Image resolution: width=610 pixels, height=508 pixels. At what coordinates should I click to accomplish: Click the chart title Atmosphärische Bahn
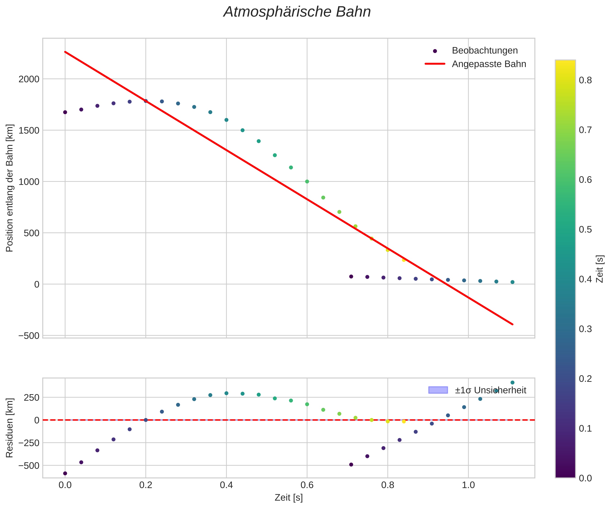tap(297, 12)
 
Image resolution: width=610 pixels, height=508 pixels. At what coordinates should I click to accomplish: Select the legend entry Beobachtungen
tap(484, 50)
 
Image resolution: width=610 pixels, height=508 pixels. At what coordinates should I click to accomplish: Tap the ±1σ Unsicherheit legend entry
tap(490, 390)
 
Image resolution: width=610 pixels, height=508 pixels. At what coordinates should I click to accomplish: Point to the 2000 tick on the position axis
tap(29, 79)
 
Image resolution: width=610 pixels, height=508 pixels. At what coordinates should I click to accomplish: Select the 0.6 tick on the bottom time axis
tap(307, 485)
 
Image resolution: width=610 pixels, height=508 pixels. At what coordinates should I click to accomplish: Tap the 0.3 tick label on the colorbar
tap(585, 329)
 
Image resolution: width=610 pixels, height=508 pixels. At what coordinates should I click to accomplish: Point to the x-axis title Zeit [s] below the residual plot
tap(288, 498)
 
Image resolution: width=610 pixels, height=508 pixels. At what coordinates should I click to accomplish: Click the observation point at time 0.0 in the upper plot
tap(65, 112)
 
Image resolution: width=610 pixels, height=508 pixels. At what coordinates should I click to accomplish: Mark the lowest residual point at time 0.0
tap(65, 473)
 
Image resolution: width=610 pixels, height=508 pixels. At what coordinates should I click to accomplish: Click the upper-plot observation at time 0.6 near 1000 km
tap(307, 182)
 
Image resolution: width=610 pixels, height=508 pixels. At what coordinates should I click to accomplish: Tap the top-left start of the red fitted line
tap(65, 52)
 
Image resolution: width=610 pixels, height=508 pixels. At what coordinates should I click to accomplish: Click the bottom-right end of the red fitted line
tap(513, 324)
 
